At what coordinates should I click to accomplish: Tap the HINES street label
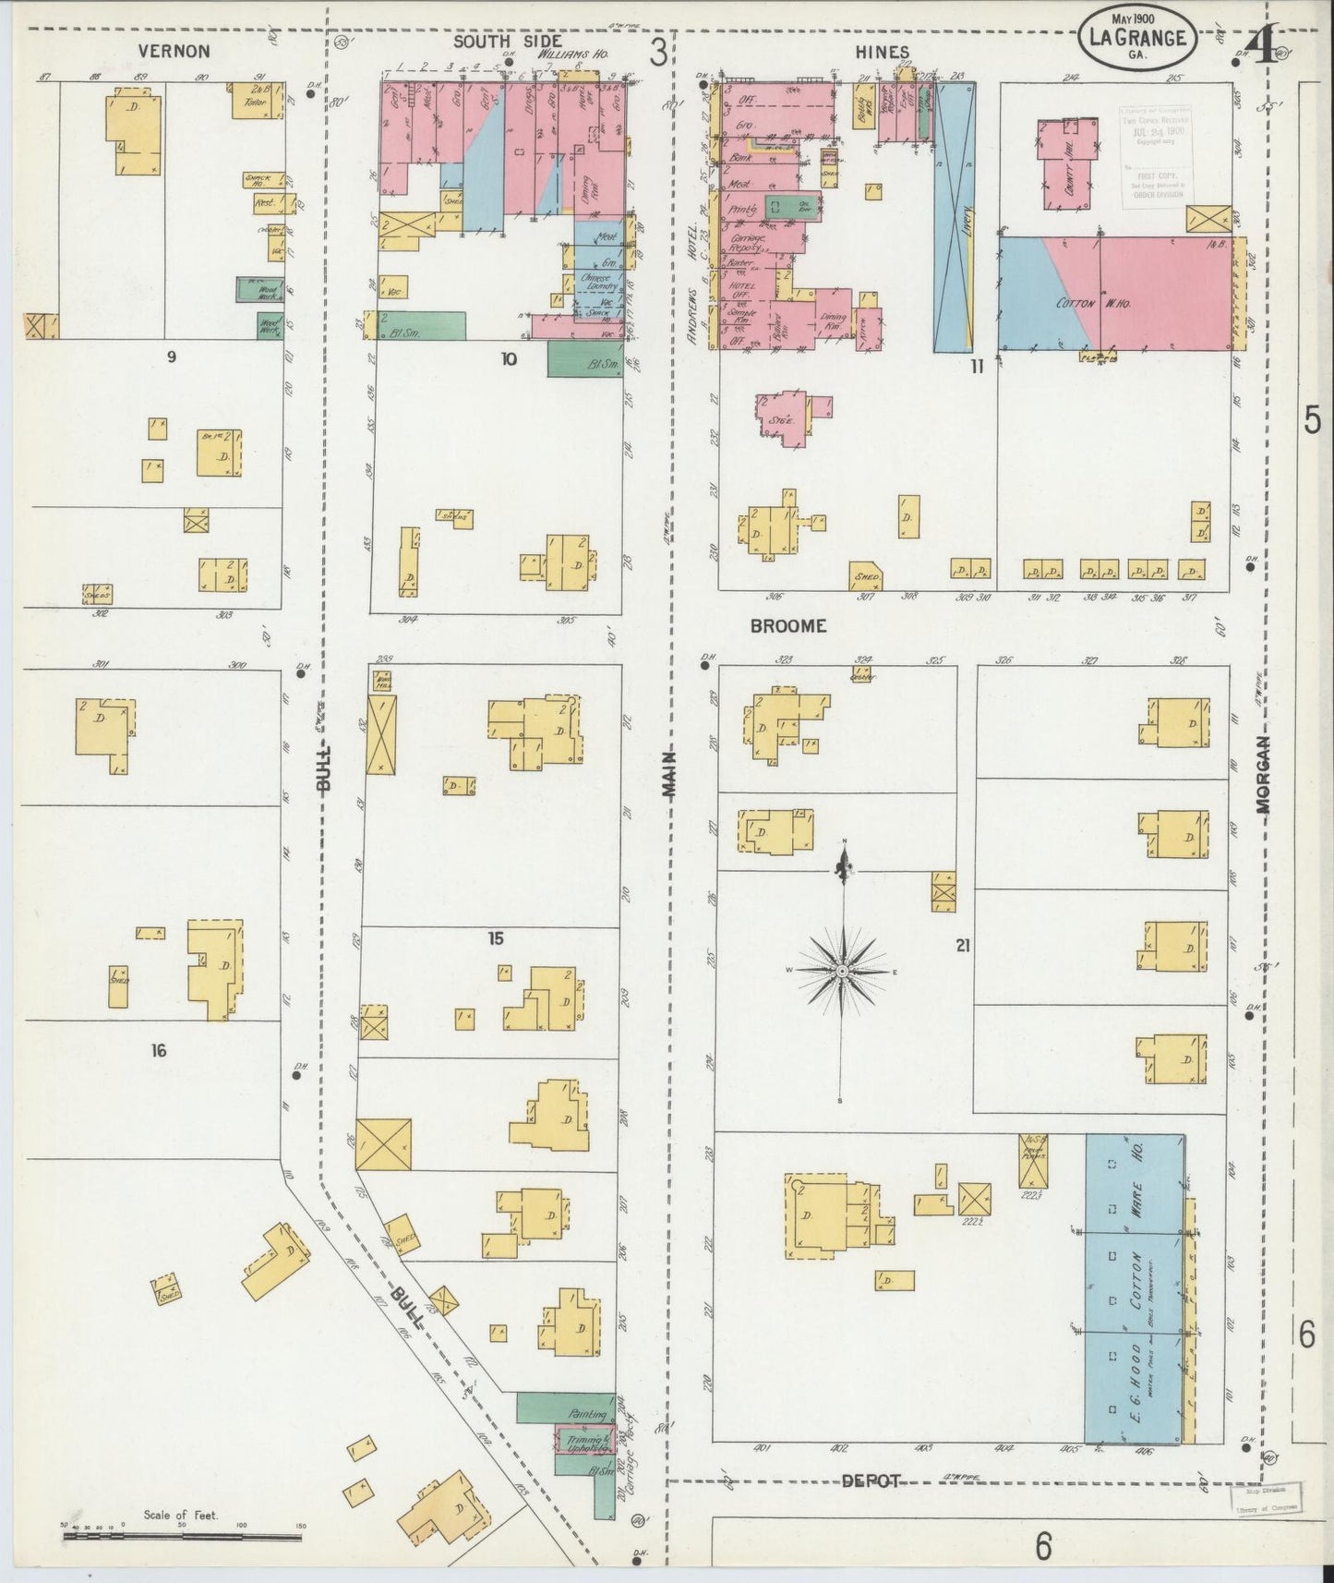882,53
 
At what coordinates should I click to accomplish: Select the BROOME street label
787,626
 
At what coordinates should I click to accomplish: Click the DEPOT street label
871,1480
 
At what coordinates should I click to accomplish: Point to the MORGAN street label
1263,774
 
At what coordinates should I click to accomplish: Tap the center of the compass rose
843,973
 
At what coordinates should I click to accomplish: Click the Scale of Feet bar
186,1537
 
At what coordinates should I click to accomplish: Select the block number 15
496,938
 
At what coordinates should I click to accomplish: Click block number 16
159,1050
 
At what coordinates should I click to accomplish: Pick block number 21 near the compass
963,945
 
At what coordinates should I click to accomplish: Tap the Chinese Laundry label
597,282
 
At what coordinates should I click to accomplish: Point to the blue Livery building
954,217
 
